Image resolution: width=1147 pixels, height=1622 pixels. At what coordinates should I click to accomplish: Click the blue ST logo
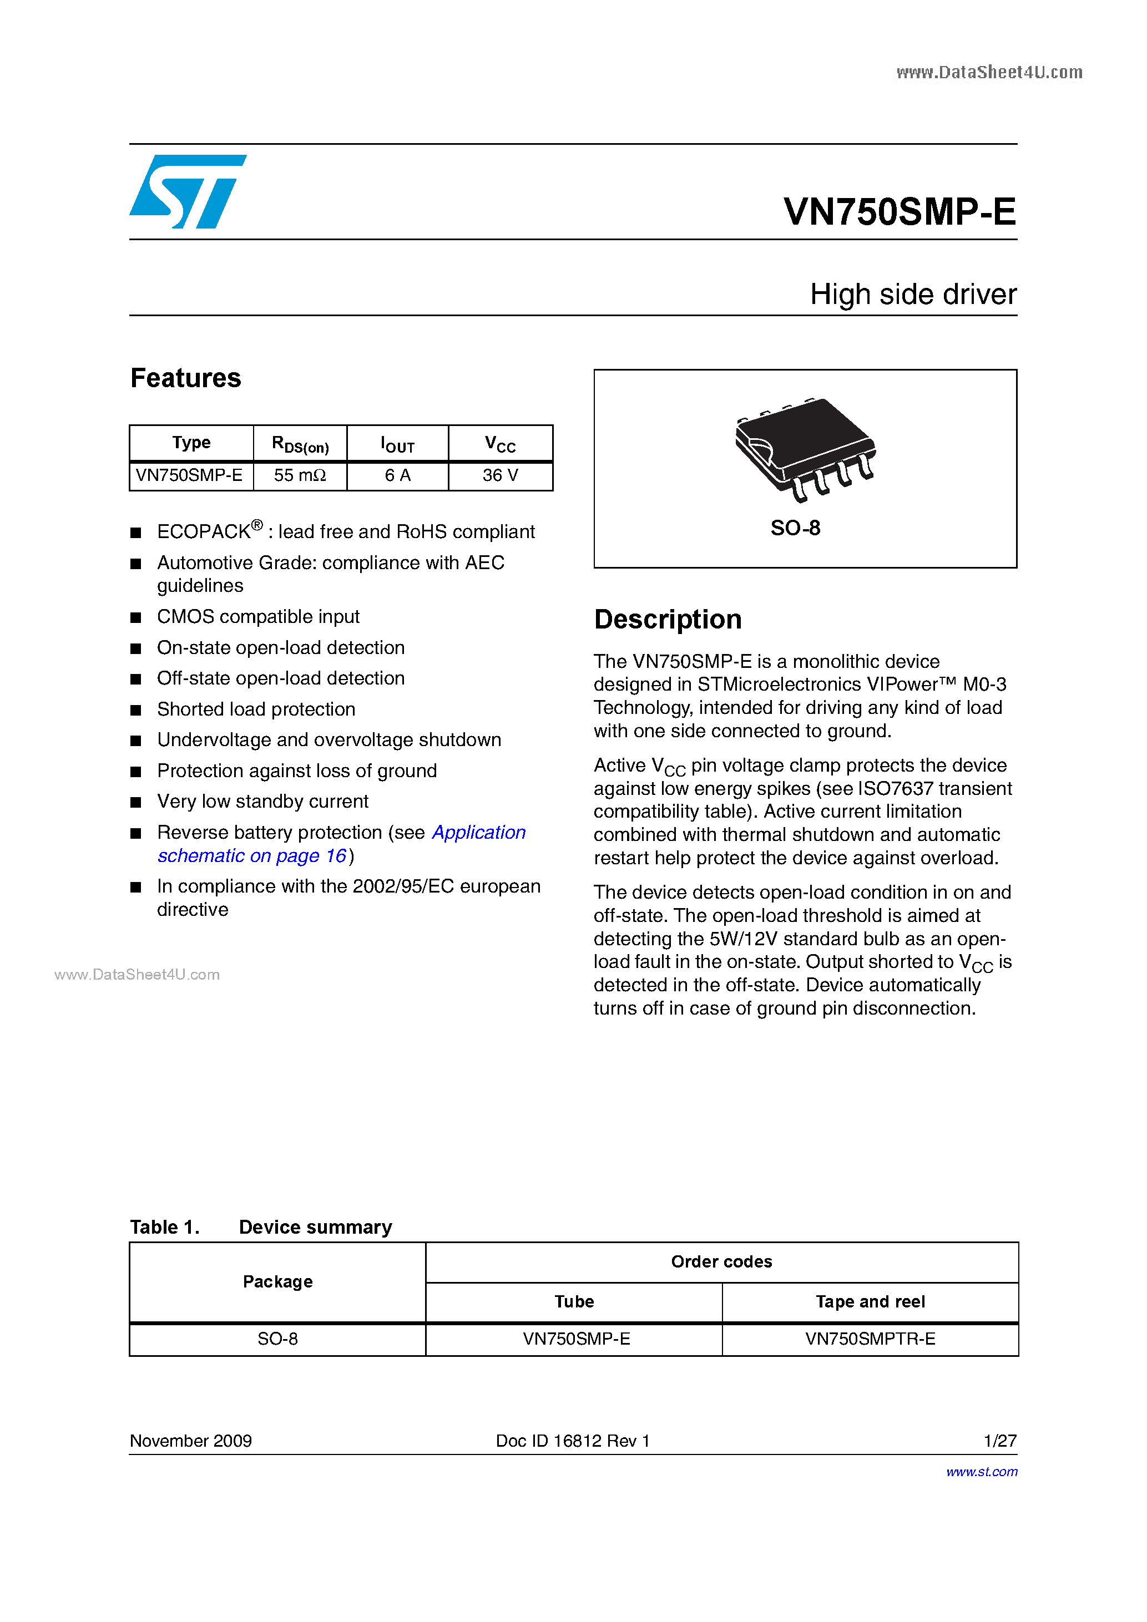187,191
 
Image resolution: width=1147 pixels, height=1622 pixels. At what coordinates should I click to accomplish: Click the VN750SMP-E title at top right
899,211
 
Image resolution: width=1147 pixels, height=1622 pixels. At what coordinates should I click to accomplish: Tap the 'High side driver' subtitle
912,294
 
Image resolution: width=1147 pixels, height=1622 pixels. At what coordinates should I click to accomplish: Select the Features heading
186,378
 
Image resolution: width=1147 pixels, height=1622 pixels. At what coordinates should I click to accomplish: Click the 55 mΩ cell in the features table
300,475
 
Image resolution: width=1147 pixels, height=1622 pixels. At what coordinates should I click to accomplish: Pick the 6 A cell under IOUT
397,475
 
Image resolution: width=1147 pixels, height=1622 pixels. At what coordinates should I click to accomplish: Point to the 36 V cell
501,475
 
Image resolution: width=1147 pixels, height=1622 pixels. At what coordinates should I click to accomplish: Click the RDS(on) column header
300,444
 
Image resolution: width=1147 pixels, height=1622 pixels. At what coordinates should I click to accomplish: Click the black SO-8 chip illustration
804,447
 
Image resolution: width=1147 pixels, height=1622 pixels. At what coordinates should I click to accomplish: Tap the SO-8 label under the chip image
795,528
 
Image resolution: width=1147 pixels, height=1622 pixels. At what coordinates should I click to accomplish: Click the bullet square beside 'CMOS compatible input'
136,617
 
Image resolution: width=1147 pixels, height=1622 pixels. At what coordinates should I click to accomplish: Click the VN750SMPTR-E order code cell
870,1339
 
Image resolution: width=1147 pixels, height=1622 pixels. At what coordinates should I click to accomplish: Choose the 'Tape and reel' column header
870,1301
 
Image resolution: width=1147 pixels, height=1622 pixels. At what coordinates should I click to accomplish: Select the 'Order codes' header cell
721,1262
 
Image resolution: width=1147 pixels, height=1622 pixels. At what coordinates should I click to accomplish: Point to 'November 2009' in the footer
191,1441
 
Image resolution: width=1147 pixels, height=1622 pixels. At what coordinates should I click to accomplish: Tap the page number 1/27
999,1441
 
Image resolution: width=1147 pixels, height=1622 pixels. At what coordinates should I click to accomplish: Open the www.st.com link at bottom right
982,1472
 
